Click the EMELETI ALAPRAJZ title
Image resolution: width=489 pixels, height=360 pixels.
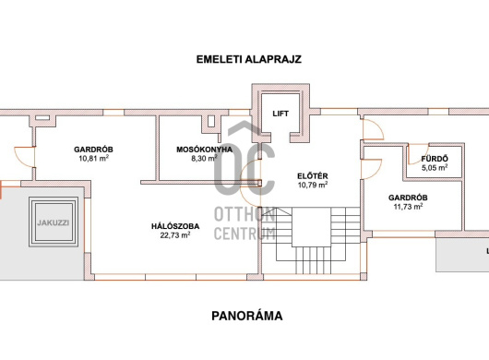coord(248,59)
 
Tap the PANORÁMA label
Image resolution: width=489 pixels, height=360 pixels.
coord(247,316)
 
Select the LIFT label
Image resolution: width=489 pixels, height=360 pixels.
coord(280,114)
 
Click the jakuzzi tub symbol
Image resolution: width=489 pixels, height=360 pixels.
coord(54,222)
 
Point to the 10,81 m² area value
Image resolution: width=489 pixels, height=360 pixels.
coord(93,158)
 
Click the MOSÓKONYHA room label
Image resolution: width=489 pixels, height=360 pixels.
coord(204,150)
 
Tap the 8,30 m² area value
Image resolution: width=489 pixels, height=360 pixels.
coord(204,158)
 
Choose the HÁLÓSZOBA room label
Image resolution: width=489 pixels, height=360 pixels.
coord(175,226)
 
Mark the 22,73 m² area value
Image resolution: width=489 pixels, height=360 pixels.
coord(175,234)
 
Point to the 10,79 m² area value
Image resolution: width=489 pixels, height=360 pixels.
coord(313,185)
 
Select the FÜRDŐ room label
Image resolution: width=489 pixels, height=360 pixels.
coord(435,159)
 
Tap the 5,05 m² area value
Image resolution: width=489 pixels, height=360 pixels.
coord(435,167)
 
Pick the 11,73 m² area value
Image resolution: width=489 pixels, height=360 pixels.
coord(408,206)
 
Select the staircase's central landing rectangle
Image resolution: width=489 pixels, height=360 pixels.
coord(311,227)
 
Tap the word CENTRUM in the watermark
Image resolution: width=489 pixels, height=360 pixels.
coord(244,233)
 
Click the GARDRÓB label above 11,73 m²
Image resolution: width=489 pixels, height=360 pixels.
coord(408,198)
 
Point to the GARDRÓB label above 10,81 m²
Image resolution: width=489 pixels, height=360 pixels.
coord(93,150)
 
